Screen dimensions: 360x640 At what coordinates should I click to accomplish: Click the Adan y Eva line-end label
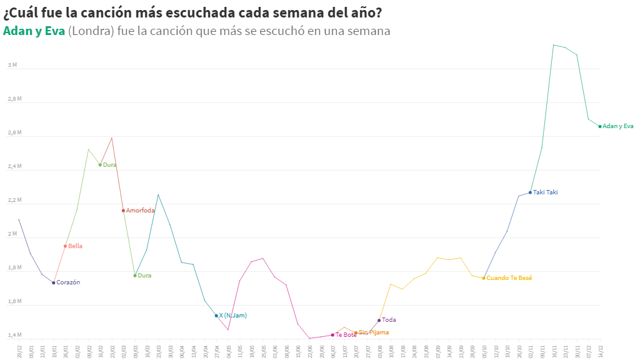tap(617, 126)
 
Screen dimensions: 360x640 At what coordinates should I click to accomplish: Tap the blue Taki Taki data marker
tap(530, 192)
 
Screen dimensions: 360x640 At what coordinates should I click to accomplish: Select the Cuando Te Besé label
tap(509, 277)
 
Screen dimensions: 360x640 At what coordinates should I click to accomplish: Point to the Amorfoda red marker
tap(123, 211)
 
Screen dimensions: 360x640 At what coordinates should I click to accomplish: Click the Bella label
tap(75, 246)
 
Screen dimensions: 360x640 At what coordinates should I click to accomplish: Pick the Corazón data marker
tap(54, 282)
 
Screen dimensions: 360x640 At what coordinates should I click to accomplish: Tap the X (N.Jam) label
tap(232, 316)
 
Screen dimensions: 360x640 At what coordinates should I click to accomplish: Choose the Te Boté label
tap(346, 335)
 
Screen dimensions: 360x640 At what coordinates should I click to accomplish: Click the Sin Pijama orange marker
tap(356, 333)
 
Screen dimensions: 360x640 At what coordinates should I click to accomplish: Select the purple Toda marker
tap(379, 321)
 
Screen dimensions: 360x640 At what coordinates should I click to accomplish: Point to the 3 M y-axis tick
tap(12, 65)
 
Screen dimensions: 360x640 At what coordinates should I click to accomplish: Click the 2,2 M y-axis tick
tap(14, 201)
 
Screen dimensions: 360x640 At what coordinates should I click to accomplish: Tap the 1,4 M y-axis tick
tap(14, 336)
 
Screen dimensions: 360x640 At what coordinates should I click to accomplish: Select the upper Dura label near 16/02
tap(109, 165)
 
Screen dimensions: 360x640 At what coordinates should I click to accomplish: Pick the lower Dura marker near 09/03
tap(135, 276)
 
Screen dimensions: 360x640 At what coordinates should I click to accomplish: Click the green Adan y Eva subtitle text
tap(34, 31)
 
